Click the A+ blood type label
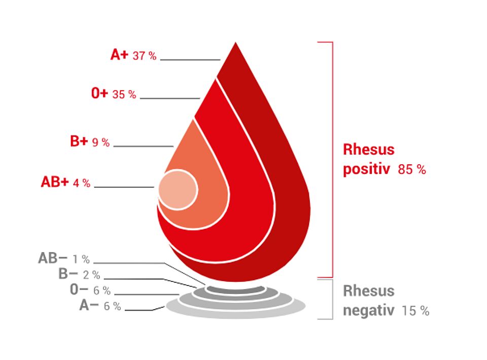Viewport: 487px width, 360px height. click(119, 54)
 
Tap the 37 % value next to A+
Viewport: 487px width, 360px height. click(145, 56)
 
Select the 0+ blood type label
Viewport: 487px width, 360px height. click(99, 93)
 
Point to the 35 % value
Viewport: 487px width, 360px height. click(124, 94)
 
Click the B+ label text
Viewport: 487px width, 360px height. click(79, 141)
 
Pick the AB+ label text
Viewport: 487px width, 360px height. click(55, 182)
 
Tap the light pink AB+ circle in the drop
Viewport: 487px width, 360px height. click(178, 190)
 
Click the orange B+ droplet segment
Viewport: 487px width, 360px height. click(205, 174)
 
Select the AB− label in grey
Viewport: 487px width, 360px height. click(52, 258)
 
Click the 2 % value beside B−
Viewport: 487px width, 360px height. click(92, 275)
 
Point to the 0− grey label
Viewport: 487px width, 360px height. click(79, 290)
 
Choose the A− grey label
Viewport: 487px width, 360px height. click(89, 305)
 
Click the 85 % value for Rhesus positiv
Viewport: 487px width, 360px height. click(412, 169)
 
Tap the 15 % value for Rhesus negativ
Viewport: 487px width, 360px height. click(415, 311)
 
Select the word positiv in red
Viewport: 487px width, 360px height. click(366, 169)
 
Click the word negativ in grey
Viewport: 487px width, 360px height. click(369, 310)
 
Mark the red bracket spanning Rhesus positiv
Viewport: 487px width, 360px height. click(333, 160)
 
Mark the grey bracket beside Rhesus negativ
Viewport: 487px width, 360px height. click(333, 299)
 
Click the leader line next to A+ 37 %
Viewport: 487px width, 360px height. click(190, 59)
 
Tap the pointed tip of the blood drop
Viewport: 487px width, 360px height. click(235, 43)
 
